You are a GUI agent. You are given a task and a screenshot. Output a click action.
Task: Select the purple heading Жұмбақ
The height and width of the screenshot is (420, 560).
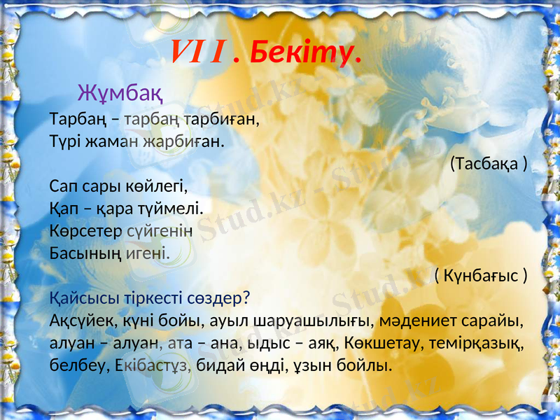(120, 92)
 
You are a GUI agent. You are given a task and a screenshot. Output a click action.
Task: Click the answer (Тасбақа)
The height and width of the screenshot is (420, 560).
(488, 163)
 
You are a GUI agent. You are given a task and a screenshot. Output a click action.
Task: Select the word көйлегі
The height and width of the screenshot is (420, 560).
(160, 186)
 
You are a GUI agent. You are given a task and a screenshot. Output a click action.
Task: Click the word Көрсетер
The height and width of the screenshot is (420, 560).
(85, 230)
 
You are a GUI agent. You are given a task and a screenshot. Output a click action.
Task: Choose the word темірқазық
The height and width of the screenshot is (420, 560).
(482, 343)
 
